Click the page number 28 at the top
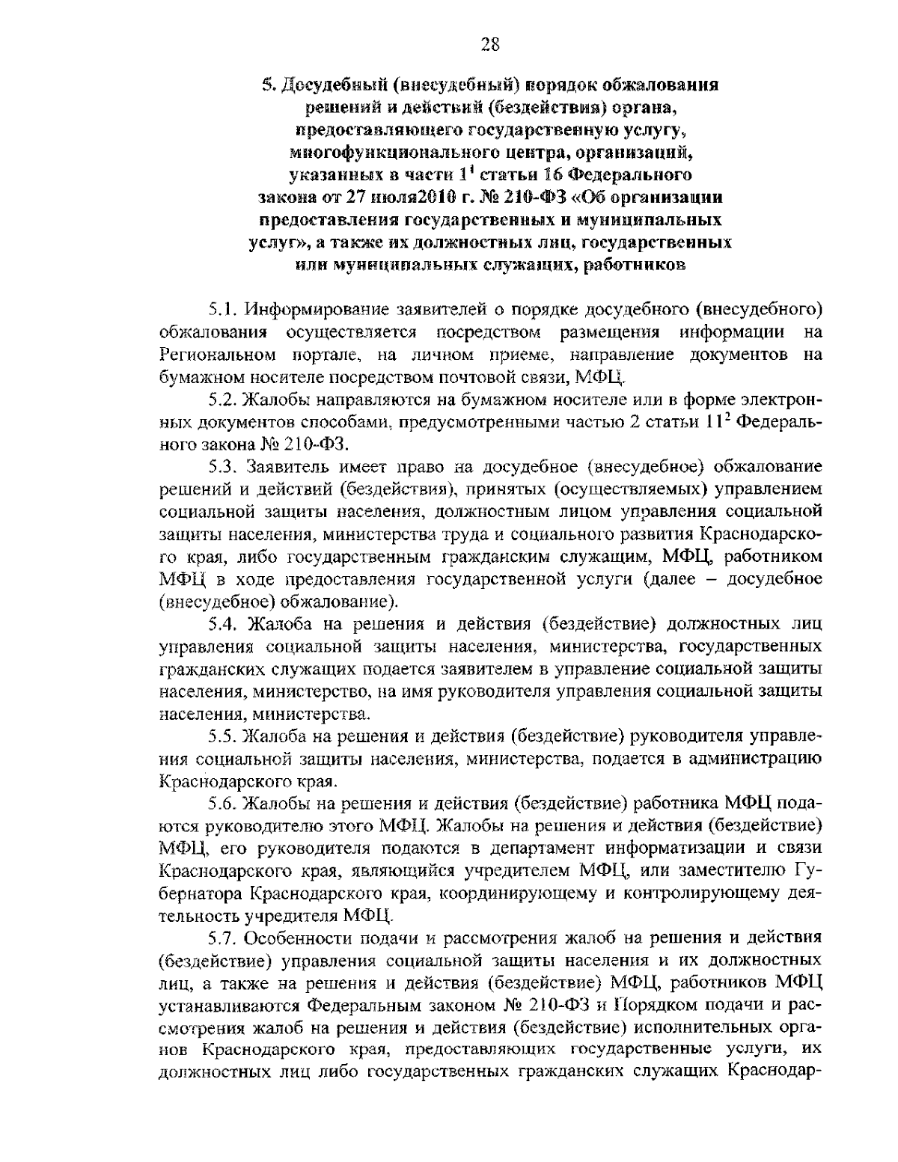click(x=489, y=44)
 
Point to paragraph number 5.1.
click(x=223, y=309)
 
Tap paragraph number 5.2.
click(x=223, y=400)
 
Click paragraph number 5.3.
click(x=223, y=468)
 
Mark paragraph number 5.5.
click(x=223, y=737)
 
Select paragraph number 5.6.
click(x=223, y=804)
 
